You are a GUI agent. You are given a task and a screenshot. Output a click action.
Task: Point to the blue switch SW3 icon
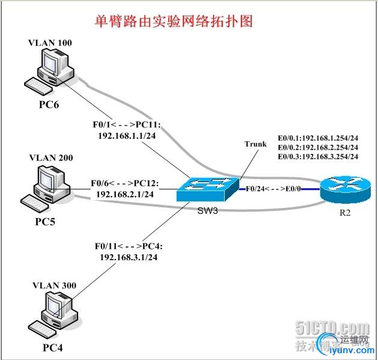click(205, 189)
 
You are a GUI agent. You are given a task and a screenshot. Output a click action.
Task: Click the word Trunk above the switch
click(255, 144)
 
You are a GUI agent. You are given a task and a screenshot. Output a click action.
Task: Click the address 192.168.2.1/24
click(125, 194)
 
